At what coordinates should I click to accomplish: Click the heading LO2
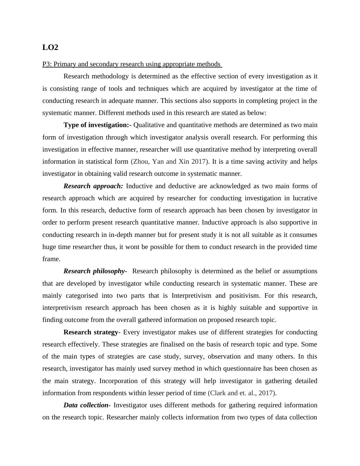(50, 48)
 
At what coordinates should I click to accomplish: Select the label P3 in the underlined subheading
(46, 64)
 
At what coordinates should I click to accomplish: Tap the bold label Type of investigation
(96, 125)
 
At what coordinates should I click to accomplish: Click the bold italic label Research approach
(93, 186)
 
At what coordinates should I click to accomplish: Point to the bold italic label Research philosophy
(94, 271)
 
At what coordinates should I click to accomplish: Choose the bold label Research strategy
(90, 332)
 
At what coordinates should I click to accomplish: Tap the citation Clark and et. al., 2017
(241, 393)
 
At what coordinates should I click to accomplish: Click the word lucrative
(303, 198)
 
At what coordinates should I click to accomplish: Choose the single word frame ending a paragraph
(51, 259)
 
